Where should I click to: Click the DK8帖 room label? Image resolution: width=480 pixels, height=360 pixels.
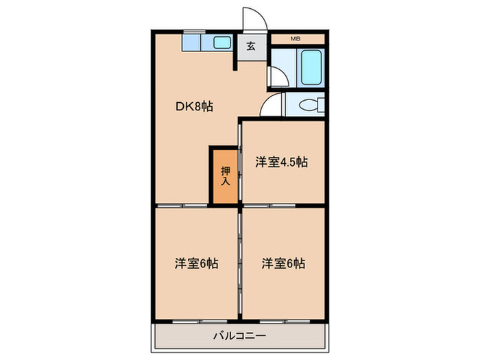[x=195, y=106]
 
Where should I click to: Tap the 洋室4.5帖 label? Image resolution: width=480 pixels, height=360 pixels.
[x=281, y=163]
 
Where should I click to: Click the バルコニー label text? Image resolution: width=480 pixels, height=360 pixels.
[x=239, y=336]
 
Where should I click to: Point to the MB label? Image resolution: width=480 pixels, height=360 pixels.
[x=296, y=38]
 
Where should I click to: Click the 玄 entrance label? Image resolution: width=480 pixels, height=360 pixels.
[x=251, y=47]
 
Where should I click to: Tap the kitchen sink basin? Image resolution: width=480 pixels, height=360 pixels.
[x=221, y=43]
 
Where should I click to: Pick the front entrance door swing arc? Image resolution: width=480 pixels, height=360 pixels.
[x=252, y=17]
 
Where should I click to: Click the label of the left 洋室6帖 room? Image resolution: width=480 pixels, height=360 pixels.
[x=195, y=263]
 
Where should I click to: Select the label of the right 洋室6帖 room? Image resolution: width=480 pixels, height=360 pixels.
[x=283, y=263]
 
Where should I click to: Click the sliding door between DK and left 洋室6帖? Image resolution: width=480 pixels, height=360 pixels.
[x=182, y=205]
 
